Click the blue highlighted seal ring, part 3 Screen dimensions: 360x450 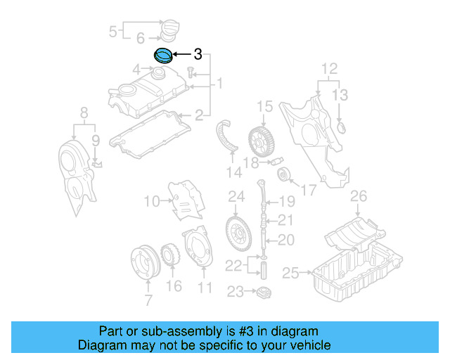pyautogui.click(x=163, y=54)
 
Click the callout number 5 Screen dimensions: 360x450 pyautogui.click(x=112, y=31)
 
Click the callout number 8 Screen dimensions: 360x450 pyautogui.click(x=84, y=112)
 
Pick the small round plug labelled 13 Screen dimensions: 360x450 pyautogui.click(x=342, y=127)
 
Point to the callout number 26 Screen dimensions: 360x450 pyautogui.click(x=359, y=195)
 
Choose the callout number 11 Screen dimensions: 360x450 pyautogui.click(x=205, y=287)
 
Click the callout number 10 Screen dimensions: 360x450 pyautogui.click(x=152, y=202)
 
